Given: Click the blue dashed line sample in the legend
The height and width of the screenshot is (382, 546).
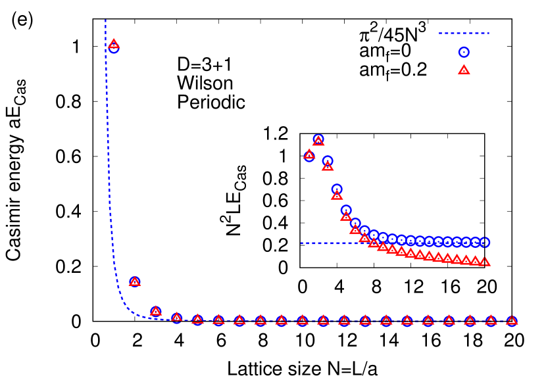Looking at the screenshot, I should (x=464, y=33).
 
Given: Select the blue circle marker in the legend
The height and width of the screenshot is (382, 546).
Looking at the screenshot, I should (x=464, y=52).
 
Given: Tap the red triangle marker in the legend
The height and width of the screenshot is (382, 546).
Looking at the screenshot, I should (x=464, y=70).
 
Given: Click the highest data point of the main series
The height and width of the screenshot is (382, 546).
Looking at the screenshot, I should (x=113, y=45).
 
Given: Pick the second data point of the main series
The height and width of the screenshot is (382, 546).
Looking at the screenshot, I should (x=134, y=281).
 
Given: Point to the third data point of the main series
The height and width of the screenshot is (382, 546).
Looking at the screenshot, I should (x=155, y=311).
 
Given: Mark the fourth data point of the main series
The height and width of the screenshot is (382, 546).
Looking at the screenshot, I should (x=176, y=318).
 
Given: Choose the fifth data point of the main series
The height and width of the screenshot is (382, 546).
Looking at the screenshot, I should (x=197, y=320).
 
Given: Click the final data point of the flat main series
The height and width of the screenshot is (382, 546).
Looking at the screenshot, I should (x=512, y=321).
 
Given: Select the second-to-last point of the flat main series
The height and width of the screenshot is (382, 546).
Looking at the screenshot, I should (x=491, y=321).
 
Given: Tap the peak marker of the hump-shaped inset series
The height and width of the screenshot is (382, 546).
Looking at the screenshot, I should (x=318, y=140).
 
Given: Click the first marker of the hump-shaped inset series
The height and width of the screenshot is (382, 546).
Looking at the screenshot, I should (x=309, y=155).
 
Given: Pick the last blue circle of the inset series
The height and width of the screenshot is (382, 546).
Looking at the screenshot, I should (x=485, y=242).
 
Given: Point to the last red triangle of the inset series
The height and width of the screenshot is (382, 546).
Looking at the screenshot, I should (x=485, y=262).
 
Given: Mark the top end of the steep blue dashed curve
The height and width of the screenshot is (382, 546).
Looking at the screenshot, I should (x=105, y=21).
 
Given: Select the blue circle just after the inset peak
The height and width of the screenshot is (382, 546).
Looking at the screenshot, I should (x=328, y=160).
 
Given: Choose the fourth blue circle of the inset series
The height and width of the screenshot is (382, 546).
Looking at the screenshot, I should (x=337, y=189).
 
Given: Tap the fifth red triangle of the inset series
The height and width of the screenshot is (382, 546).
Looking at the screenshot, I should (x=346, y=216).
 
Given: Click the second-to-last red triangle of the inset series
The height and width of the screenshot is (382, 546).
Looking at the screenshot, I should (x=476, y=260).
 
